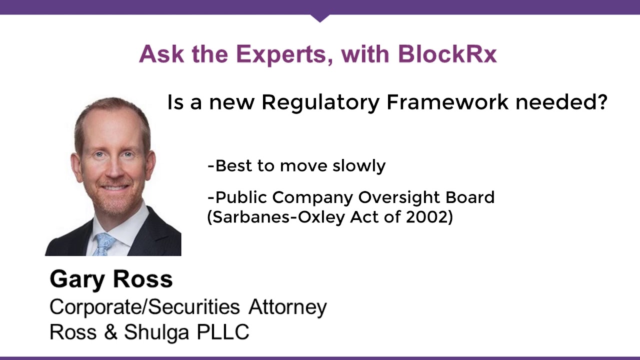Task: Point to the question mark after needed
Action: [x=602, y=102]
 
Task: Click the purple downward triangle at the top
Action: [x=320, y=18]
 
